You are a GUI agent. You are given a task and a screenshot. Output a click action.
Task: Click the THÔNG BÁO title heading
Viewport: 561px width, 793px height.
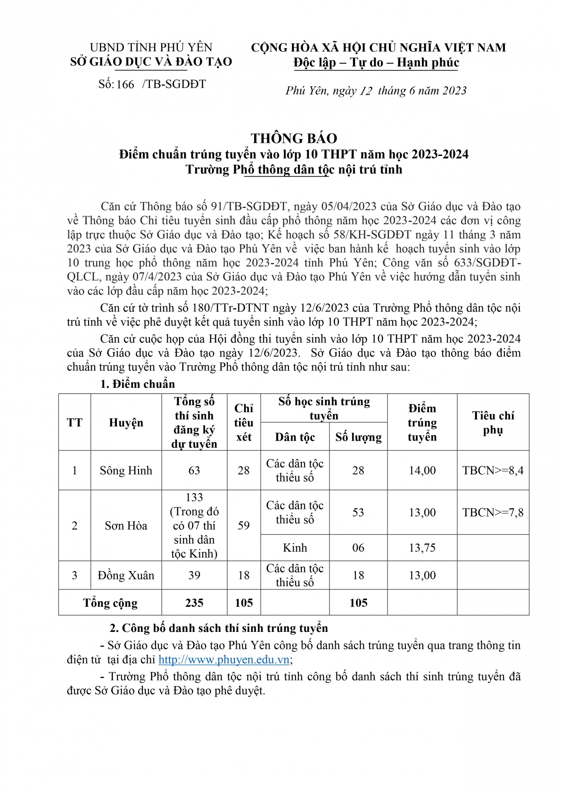point(294,138)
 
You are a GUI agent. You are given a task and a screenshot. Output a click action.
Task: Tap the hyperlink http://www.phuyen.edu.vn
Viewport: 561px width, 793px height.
point(224,660)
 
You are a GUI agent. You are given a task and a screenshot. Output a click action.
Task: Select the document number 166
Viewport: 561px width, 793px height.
point(125,85)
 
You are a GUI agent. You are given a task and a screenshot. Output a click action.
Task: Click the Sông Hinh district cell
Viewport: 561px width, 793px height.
point(126,470)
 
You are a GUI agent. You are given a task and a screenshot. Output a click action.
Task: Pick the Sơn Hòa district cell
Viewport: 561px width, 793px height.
point(126,525)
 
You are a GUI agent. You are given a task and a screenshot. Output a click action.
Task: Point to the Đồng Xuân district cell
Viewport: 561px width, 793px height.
point(126,575)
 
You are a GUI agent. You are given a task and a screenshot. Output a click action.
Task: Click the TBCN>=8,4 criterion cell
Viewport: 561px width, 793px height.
point(493,470)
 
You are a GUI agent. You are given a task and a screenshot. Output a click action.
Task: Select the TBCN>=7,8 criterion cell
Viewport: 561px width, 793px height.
point(493,512)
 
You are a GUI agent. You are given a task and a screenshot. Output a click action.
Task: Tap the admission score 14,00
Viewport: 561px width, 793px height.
point(422,470)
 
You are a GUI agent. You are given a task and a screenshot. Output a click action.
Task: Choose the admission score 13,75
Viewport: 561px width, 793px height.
point(422,548)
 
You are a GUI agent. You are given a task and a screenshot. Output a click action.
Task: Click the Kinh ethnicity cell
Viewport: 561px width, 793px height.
point(295,548)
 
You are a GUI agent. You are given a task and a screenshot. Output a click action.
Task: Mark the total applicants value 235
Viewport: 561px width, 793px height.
point(194,603)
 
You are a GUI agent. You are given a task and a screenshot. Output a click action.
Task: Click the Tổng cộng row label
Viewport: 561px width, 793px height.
point(110,603)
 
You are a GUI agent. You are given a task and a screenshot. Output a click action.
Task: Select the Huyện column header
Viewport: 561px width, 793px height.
point(126,423)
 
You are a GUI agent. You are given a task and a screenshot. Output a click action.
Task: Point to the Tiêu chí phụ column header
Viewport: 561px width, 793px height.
point(493,423)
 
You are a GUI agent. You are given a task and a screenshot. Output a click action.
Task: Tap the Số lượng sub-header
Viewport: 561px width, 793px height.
point(358,437)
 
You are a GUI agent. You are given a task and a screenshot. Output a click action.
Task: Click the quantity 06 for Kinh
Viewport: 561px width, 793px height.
point(358,548)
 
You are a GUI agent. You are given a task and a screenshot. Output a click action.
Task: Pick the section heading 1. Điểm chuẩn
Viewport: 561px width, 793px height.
point(137,384)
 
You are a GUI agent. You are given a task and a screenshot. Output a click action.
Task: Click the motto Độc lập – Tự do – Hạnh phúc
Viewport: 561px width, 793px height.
point(376,63)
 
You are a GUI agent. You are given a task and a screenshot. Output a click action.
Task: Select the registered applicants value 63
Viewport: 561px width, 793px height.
point(194,470)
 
